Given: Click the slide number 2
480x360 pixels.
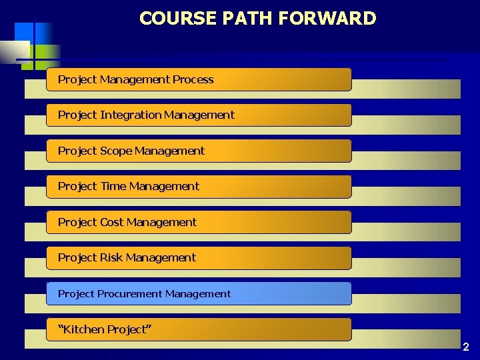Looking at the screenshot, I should (465, 347).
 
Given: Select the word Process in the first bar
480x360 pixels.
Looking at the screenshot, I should (193, 79).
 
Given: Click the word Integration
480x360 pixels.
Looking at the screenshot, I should (131, 115).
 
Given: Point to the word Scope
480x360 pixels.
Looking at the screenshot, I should (116, 151).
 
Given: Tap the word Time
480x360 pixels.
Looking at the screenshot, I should (113, 186).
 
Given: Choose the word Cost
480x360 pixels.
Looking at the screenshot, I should (111, 222).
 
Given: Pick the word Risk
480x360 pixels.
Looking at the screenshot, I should (111, 257).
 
